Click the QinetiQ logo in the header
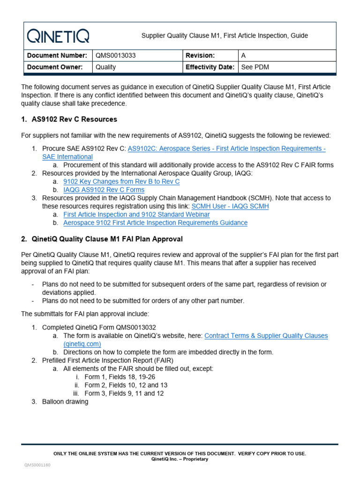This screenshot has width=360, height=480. coord(58,36)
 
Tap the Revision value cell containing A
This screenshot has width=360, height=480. coord(243,55)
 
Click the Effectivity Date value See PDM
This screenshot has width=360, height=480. coord(255,67)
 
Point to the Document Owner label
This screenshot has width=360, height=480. coord(55,67)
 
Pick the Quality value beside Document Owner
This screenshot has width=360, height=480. coord(106,67)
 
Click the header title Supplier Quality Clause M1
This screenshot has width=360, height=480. coord(225,36)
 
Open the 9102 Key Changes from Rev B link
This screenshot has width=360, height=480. coord(121,181)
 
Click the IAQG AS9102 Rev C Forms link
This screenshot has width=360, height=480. coord(104,190)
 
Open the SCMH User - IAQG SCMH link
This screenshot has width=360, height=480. coord(230,206)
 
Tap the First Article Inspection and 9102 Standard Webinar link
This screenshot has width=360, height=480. coord(136,214)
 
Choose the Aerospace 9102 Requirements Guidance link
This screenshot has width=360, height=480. coord(155,223)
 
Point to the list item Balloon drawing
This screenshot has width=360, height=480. coord(65,402)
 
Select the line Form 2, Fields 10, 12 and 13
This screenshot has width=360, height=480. coord(126,385)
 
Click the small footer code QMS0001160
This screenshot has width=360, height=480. coord(37,465)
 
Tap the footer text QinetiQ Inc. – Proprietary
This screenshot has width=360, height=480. coord(180,459)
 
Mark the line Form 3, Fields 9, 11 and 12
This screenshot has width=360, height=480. coord(124,393)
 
